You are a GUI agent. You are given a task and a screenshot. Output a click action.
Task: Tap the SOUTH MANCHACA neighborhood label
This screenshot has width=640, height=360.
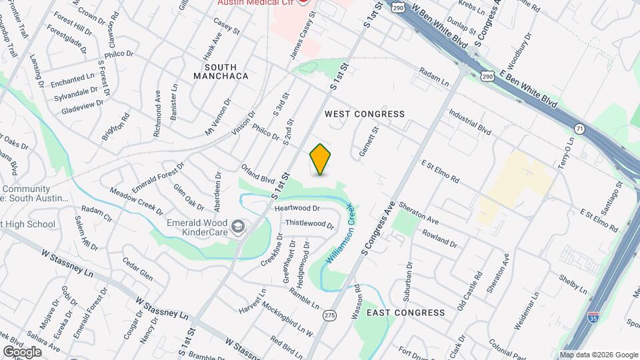point(217,71)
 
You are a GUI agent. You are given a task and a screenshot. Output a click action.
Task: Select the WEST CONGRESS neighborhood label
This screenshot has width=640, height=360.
point(365,114)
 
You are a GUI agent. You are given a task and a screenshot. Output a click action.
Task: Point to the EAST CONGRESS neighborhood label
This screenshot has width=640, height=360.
point(405,312)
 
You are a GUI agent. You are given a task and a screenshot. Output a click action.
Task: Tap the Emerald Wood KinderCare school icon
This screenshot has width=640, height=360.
point(237,228)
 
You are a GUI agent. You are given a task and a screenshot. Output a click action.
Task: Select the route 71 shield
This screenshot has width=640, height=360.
point(579,128)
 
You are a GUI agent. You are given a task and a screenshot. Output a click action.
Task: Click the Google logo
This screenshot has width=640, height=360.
point(22,351)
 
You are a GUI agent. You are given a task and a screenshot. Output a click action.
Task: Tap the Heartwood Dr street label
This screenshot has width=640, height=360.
point(302,209)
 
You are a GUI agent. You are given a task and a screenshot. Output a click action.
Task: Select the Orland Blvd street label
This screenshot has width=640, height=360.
point(258,174)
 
